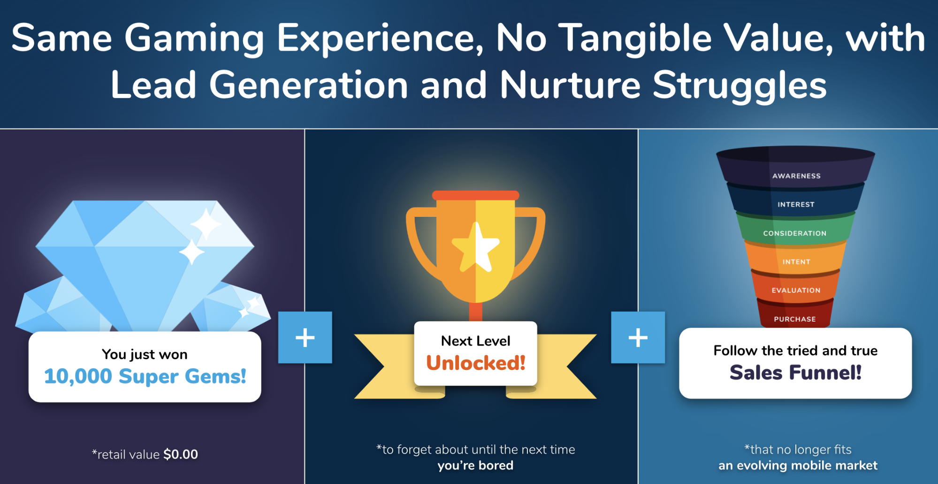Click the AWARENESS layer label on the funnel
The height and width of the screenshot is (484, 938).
(x=796, y=176)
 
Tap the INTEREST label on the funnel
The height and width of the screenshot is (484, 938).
(x=796, y=205)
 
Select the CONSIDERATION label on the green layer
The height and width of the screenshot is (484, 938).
(x=794, y=233)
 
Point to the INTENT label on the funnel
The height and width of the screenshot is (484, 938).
(x=796, y=262)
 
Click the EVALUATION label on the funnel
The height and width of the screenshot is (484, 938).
(x=796, y=291)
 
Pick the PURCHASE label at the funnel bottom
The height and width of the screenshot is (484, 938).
(x=795, y=319)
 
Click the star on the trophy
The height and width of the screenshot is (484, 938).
(x=476, y=248)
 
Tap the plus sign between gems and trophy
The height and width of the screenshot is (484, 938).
(x=305, y=338)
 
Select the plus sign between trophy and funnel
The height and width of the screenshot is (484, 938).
(x=638, y=338)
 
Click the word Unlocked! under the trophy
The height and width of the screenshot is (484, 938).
(x=476, y=363)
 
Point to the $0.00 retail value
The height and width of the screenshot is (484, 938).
(x=181, y=454)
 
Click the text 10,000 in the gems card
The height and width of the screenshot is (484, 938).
(x=78, y=376)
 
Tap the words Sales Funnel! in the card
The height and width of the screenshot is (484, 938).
(x=796, y=373)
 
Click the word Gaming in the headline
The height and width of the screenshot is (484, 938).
(x=194, y=39)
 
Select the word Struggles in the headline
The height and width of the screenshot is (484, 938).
(x=740, y=86)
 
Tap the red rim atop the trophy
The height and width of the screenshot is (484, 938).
(x=476, y=195)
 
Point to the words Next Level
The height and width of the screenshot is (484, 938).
(x=476, y=341)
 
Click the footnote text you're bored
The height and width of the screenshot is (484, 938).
(x=475, y=466)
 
